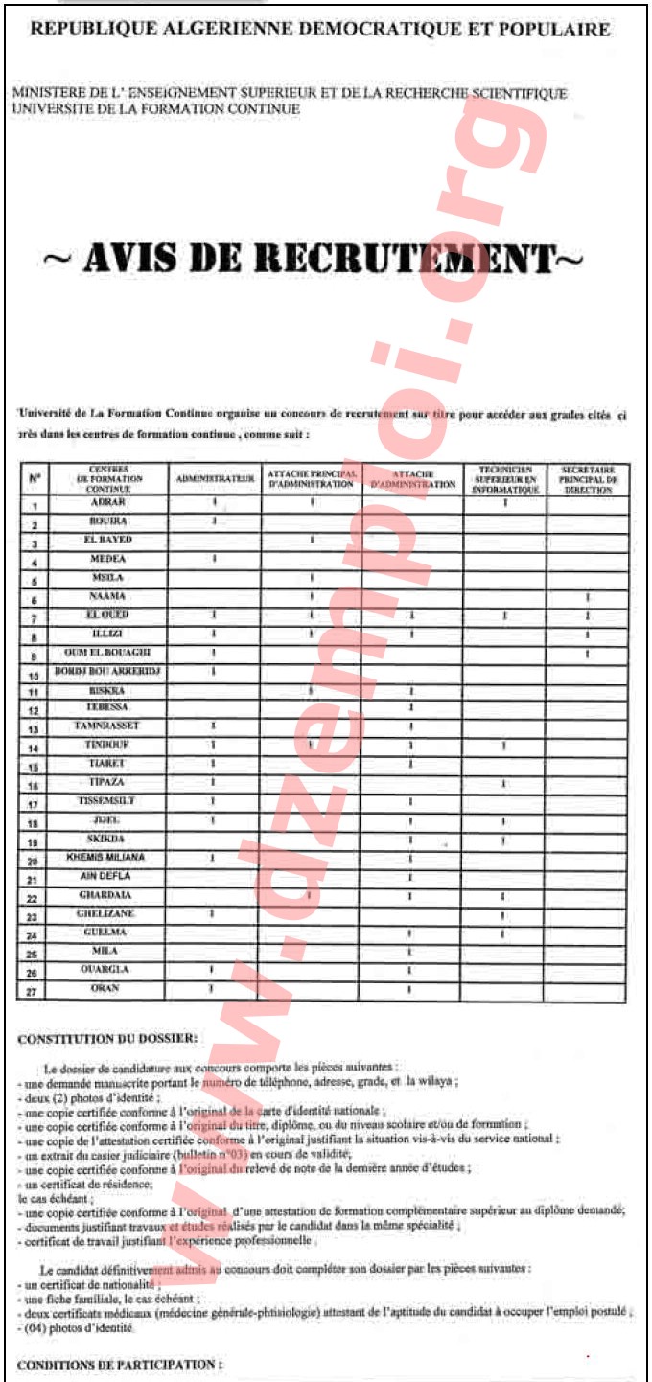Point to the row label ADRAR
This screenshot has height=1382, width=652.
tap(108, 504)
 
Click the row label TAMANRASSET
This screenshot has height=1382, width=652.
tap(108, 726)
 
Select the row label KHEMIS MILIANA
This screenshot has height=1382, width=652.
tap(106, 857)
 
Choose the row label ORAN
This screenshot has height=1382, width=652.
tap(108, 988)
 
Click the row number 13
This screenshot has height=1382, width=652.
tap(34, 729)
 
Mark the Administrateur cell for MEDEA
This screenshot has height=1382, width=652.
tap(214, 559)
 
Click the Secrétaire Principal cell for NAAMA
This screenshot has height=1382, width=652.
tap(588, 597)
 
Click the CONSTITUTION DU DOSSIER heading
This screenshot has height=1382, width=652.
tap(108, 1037)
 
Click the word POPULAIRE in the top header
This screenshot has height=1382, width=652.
tap(562, 29)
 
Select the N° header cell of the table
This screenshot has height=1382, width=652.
tap(35, 477)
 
